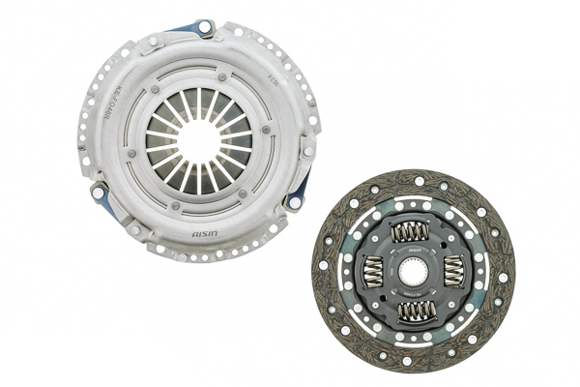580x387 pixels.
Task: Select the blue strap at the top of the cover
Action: point(197,29)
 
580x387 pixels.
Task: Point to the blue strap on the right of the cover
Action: point(300,191)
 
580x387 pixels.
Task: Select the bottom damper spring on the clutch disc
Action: point(416,311)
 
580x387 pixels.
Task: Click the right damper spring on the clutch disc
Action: point(454,271)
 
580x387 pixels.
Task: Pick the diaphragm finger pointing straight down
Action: point(199,178)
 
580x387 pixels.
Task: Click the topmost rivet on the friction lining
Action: point(418,180)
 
